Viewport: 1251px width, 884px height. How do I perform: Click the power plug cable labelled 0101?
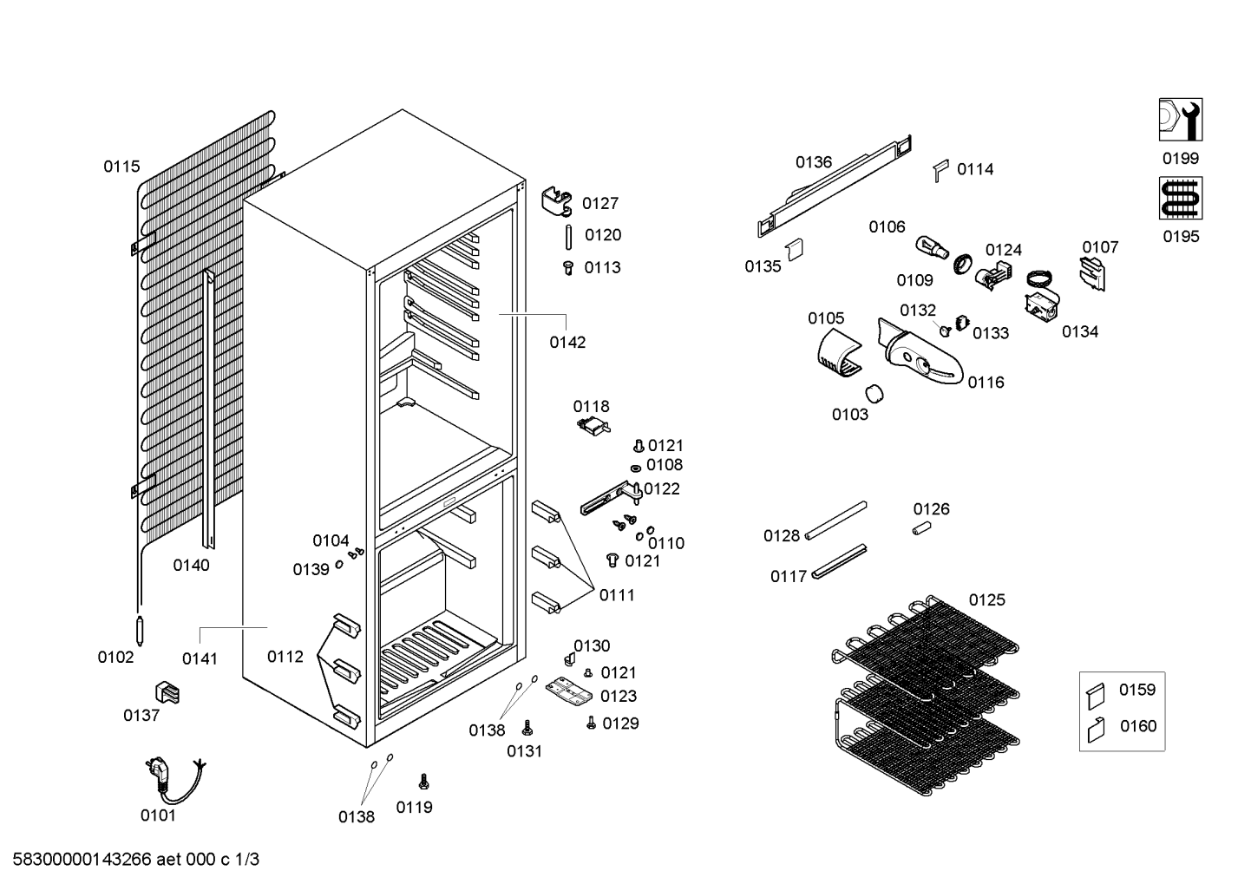pyautogui.click(x=174, y=782)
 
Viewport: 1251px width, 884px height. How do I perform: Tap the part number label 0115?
pyautogui.click(x=121, y=167)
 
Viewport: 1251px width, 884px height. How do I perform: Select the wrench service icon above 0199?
pyautogui.click(x=1181, y=120)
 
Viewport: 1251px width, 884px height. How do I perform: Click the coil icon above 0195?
pyautogui.click(x=1181, y=199)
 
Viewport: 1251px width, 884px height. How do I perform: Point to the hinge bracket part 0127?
pyautogui.click(x=557, y=201)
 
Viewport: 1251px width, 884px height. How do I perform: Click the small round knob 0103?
pyautogui.click(x=874, y=394)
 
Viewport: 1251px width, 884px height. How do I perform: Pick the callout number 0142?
pyautogui.click(x=567, y=343)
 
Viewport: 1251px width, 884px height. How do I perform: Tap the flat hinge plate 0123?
pyautogui.click(x=569, y=691)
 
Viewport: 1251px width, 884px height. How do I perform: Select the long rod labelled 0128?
pyautogui.click(x=836, y=521)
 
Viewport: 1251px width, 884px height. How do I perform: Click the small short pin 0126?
pyautogui.click(x=922, y=527)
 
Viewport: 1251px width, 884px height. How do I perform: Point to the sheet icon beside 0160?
pyautogui.click(x=1097, y=730)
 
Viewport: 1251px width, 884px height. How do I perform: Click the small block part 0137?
pyautogui.click(x=167, y=692)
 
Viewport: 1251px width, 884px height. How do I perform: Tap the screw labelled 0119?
pyautogui.click(x=424, y=782)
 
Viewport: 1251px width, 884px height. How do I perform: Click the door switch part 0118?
pyautogui.click(x=593, y=426)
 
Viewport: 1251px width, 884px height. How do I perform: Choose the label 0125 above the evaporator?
pyautogui.click(x=987, y=599)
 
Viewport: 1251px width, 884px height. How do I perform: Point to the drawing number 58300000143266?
pyautogui.click(x=82, y=860)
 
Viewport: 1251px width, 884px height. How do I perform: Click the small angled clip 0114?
pyautogui.click(x=941, y=171)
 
